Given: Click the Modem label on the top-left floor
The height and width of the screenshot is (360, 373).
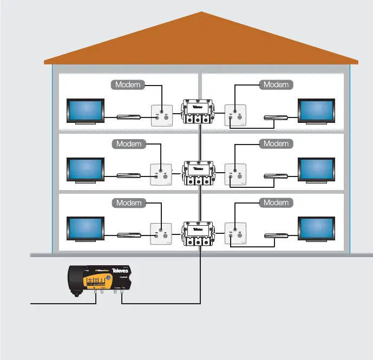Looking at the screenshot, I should [128, 84].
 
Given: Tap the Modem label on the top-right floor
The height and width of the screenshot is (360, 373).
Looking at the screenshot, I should [276, 84].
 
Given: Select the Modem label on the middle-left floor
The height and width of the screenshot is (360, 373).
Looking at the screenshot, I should [128, 143].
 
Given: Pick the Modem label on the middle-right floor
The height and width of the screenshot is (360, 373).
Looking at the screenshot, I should [276, 143].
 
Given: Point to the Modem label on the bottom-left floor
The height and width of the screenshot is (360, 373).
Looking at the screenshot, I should [128, 202].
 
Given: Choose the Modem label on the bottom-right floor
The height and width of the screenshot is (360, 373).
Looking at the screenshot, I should [276, 202].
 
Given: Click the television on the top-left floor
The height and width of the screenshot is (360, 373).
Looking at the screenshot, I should [85, 111].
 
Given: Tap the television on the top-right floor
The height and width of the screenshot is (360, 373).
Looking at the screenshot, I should [317, 111].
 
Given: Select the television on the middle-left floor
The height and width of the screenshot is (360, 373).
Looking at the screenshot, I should [85, 170].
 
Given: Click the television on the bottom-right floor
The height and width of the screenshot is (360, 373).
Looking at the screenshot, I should [317, 229].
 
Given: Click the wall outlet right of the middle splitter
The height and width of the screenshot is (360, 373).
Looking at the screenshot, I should [235, 174].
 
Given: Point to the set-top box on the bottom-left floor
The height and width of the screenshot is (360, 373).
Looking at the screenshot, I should [129, 235].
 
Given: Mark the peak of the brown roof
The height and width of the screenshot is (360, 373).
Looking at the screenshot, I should [202, 13].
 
